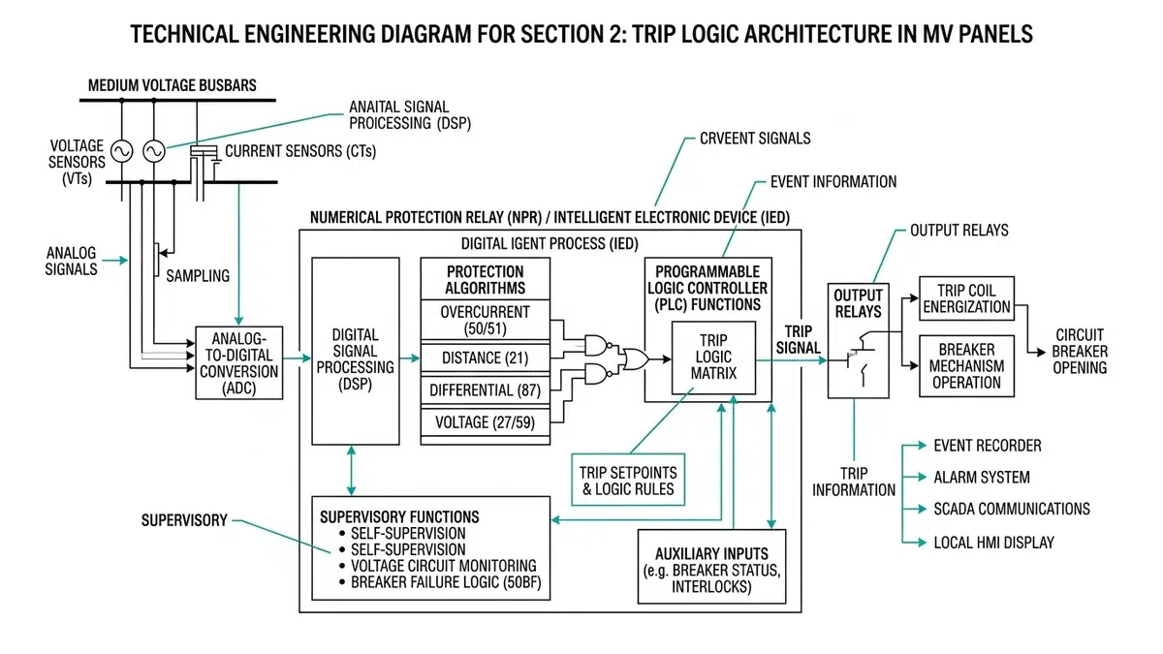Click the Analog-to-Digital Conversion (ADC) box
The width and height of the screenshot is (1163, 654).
(x=239, y=363)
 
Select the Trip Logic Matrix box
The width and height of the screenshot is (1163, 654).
(x=713, y=358)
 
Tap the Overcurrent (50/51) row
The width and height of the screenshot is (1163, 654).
(x=486, y=321)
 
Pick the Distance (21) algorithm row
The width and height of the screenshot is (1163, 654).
(x=486, y=358)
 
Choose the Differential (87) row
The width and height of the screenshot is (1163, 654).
(x=486, y=389)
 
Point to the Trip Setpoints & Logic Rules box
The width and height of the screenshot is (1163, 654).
(x=628, y=480)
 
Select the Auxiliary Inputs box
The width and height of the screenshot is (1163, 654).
(x=711, y=562)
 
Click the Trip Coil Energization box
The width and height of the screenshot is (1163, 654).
(x=966, y=297)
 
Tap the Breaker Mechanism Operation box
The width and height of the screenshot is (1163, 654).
(x=966, y=365)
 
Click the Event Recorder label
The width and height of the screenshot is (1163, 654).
(x=987, y=446)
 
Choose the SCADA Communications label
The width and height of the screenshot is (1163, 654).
(x=1011, y=509)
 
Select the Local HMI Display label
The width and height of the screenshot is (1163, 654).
(x=993, y=543)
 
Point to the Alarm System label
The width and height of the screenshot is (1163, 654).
(x=981, y=478)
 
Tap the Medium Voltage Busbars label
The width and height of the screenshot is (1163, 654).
(x=173, y=85)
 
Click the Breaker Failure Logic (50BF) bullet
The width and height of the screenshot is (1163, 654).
(x=441, y=582)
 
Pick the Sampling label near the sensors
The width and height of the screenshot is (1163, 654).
(x=198, y=275)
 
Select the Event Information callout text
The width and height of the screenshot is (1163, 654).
(x=833, y=181)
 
